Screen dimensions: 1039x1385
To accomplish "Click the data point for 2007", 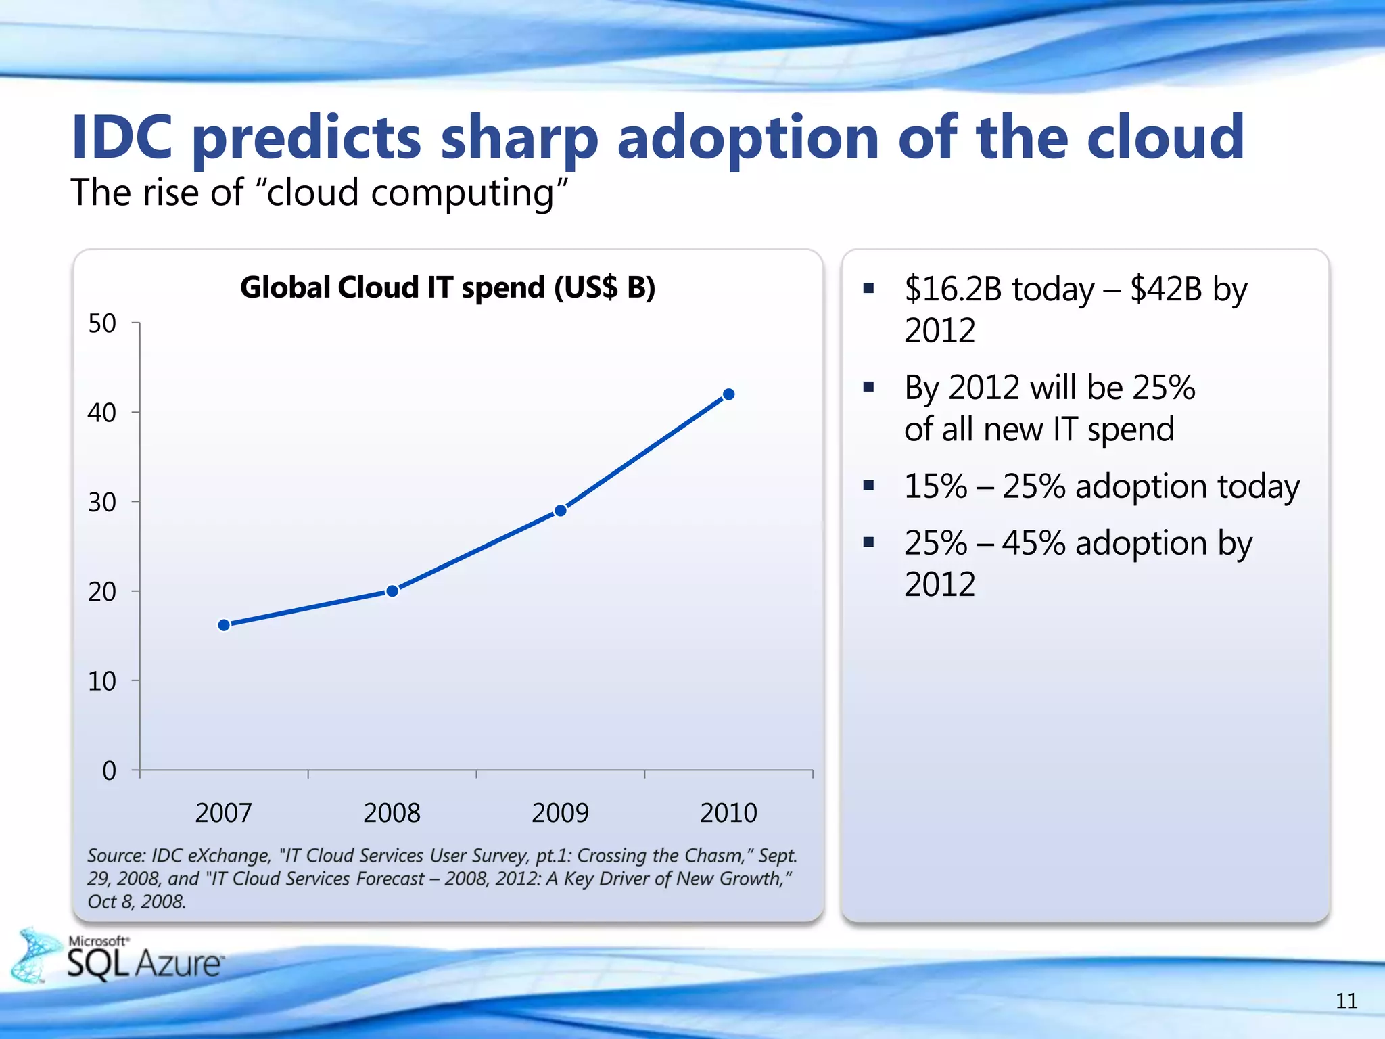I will (224, 625).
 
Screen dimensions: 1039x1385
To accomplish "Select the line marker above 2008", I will (392, 591).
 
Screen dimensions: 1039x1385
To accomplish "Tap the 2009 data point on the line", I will (561, 511).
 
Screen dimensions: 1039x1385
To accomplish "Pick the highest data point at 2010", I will (729, 394).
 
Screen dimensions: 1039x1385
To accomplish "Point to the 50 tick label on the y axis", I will (102, 323).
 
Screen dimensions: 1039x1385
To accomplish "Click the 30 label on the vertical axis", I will (102, 503).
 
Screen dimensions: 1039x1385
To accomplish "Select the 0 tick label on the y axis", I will (109, 770).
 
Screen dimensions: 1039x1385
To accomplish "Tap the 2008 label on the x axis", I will (392, 812).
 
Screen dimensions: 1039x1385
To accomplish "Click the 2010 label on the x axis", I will (728, 812).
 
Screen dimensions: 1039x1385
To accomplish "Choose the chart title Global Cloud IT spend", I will (448, 287).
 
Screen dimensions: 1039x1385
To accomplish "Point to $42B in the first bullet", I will (1166, 290).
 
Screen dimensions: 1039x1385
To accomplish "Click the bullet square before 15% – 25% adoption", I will (869, 485).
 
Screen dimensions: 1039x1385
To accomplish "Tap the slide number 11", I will (1346, 1000).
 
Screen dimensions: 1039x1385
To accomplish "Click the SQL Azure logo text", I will (145, 963).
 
